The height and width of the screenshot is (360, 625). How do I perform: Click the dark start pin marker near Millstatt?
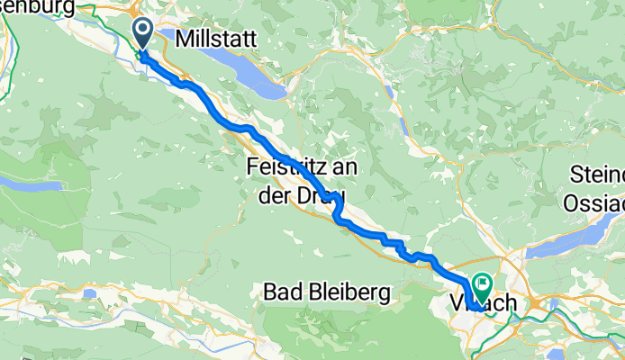[143, 33]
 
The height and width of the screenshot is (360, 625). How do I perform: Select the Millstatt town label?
[217, 39]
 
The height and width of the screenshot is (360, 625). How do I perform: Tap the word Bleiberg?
[350, 292]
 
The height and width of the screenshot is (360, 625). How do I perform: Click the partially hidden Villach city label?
[486, 305]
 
